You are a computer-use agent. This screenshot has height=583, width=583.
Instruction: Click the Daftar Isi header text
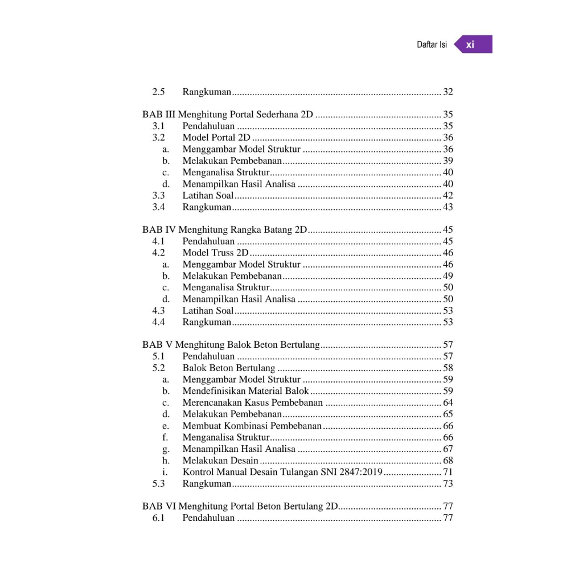432,44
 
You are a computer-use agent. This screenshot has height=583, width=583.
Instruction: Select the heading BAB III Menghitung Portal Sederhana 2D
228,114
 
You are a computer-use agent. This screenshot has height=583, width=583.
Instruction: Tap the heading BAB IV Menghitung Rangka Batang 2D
225,230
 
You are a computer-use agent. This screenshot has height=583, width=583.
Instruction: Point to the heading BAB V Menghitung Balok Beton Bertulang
232,345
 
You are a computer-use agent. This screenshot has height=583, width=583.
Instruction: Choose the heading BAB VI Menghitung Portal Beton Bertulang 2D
240,506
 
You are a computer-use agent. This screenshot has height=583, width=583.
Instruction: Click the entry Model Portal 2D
216,138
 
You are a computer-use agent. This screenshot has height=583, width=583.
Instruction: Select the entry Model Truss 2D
215,253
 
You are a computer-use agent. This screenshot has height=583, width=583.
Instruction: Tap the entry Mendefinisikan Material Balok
245,391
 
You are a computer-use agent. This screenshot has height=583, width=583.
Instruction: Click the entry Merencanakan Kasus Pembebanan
252,403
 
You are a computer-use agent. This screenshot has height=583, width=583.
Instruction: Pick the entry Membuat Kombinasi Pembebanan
252,426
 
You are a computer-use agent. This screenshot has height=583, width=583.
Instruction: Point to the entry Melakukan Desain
220,461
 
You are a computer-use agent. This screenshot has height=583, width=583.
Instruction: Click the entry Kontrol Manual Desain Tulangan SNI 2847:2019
282,472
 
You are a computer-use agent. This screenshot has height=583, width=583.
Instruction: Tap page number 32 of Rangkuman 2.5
448,92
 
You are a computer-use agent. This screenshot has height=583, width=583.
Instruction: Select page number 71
448,472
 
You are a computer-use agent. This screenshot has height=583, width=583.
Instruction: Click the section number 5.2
158,368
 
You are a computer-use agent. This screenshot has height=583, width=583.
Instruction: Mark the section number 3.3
158,195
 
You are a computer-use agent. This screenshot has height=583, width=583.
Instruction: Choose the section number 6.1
158,518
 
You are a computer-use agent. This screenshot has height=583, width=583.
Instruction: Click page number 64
448,403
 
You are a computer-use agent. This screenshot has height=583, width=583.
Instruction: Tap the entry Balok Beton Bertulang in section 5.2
228,368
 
